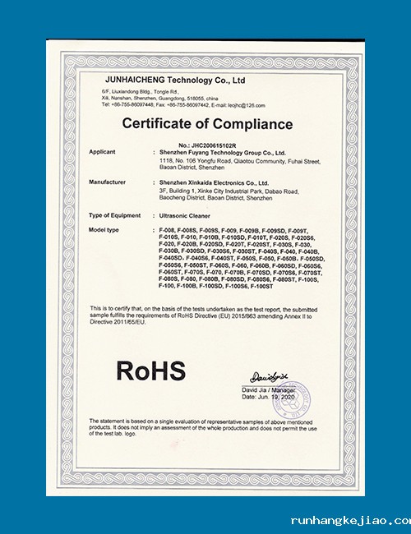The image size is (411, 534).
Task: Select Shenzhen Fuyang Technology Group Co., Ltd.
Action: [224, 153]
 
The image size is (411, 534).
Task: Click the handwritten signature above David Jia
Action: [266, 375]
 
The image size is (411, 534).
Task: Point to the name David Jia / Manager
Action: [269, 389]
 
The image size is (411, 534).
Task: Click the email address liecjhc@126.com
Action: [247, 105]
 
